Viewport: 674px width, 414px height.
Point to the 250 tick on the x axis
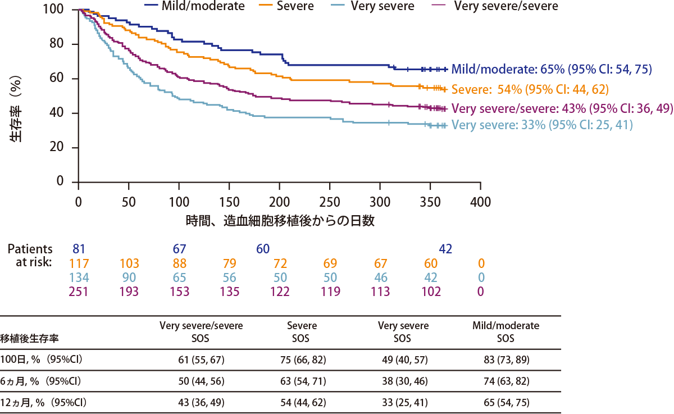click(x=329, y=201)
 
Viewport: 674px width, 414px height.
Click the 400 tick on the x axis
click(x=480, y=201)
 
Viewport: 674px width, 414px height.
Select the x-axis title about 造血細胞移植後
click(x=280, y=220)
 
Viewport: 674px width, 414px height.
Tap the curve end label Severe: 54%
click(x=530, y=89)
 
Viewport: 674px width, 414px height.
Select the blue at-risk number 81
click(x=79, y=249)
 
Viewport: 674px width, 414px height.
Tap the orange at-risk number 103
click(x=129, y=263)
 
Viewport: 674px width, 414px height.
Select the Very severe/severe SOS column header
click(x=201, y=332)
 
